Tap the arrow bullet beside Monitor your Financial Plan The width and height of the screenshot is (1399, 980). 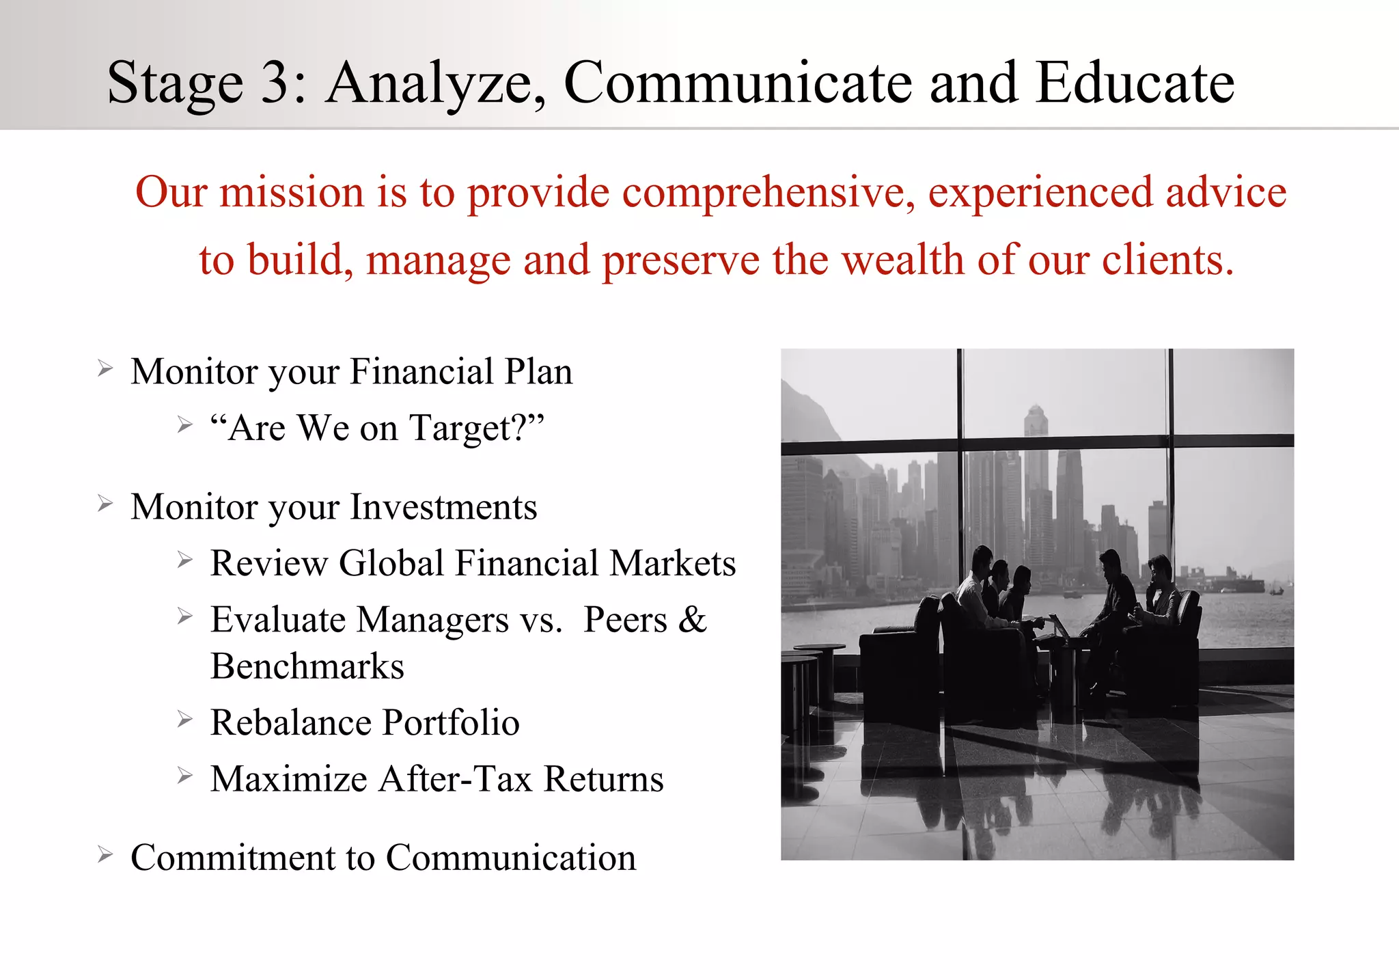[105, 370]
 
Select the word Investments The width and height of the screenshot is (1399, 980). [443, 508]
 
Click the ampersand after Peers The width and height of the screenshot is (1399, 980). [692, 620]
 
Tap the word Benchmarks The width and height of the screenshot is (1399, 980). [307, 667]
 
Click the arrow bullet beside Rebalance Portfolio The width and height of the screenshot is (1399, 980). [184, 720]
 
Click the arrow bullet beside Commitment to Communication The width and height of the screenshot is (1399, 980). [105, 855]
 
